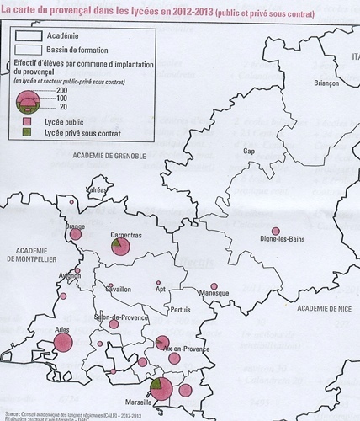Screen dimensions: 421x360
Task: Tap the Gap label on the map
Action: (248, 151)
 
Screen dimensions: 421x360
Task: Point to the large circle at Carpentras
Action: (120, 247)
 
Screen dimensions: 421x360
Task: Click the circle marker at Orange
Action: (76, 235)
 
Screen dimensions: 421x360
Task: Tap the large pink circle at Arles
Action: (62, 342)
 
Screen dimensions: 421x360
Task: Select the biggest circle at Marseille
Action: (162, 389)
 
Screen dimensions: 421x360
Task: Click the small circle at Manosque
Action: (214, 285)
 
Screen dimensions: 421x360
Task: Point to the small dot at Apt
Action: (157, 284)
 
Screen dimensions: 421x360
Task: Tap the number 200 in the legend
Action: (61, 90)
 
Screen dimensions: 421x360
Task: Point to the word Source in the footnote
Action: (13, 413)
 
